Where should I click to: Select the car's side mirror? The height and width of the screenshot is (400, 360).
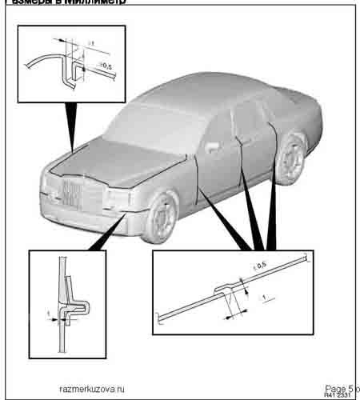point(213,147)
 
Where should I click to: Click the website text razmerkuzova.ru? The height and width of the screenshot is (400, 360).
point(93,388)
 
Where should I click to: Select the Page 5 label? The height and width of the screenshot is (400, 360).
point(339,387)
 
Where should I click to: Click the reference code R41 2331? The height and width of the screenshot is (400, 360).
point(339,395)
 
